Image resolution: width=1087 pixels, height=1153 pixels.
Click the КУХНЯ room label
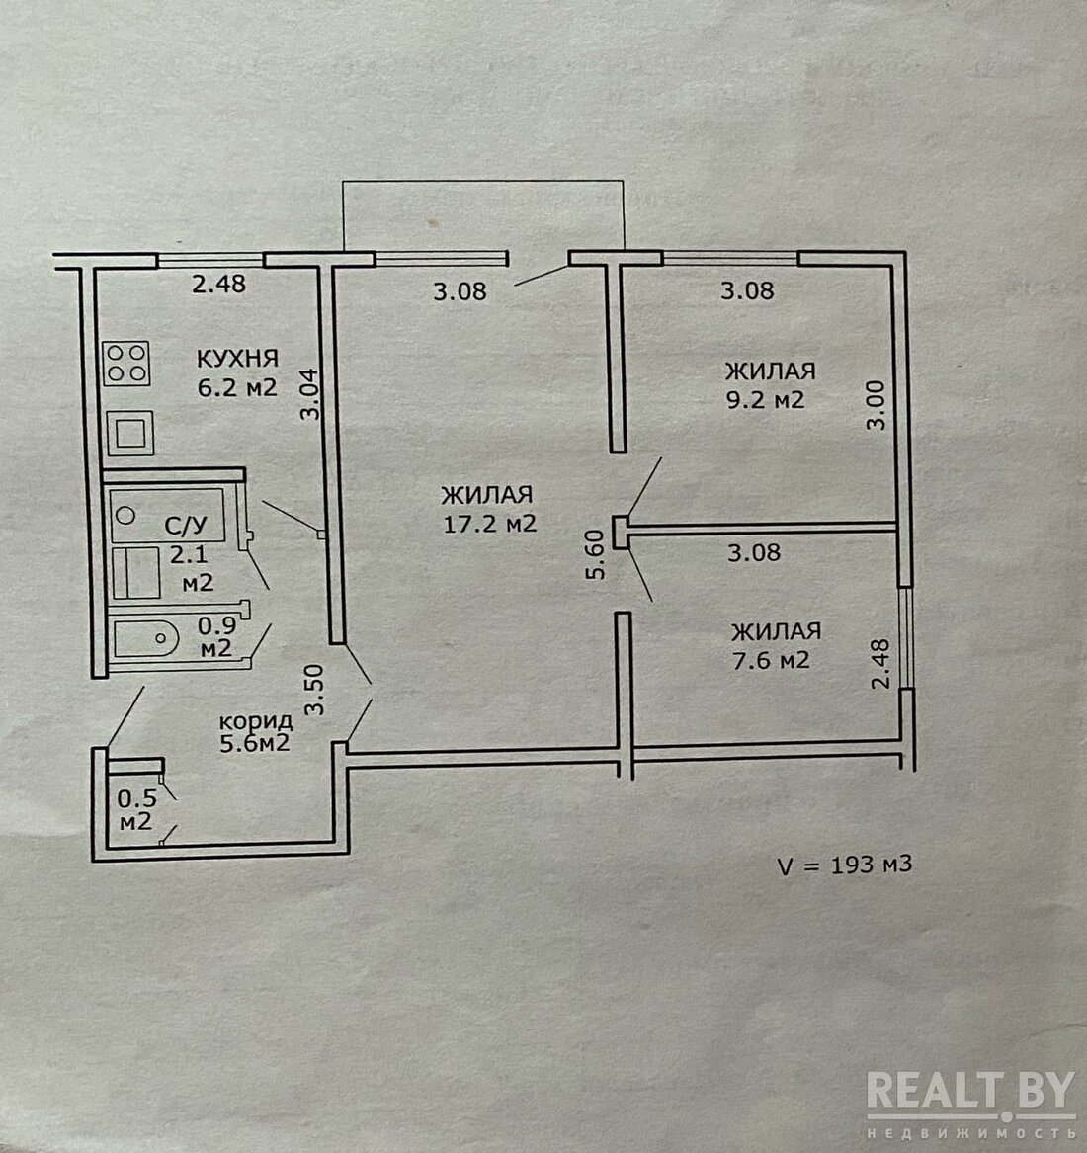tap(237, 358)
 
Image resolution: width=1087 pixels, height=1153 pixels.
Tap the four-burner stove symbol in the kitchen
tap(126, 364)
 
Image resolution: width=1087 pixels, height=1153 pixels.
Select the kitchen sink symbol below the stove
tap(130, 433)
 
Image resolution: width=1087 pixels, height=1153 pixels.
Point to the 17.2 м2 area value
tap(490, 524)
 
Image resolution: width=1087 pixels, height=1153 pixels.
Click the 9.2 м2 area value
tap(766, 400)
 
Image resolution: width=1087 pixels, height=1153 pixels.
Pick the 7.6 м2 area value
tap(771, 660)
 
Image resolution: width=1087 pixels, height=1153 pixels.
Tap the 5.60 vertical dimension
tap(596, 555)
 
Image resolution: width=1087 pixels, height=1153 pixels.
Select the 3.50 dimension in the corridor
tap(315, 690)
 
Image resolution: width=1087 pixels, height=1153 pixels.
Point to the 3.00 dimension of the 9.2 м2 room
tap(876, 404)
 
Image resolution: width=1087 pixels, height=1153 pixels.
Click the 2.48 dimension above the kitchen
tap(218, 284)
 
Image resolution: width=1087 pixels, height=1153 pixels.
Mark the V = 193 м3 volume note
tap(845, 865)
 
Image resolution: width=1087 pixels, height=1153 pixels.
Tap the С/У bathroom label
tap(186, 525)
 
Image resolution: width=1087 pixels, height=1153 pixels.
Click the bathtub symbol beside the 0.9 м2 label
tap(146, 638)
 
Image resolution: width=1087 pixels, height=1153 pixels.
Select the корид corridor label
tap(256, 720)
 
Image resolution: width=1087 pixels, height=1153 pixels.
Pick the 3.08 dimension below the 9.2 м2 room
tap(754, 552)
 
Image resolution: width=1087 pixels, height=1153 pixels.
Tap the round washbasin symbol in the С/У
tap(125, 516)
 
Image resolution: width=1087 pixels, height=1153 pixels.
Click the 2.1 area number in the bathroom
tap(189, 554)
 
